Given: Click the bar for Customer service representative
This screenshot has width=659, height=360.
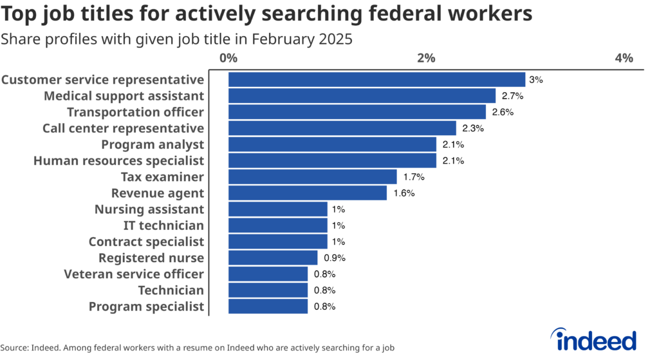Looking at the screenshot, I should (x=377, y=80).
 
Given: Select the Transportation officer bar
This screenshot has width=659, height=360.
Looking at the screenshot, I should (x=357, y=112).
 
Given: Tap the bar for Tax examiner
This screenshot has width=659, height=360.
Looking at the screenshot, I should (x=313, y=177).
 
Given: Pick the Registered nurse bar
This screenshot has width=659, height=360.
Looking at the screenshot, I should (x=273, y=258).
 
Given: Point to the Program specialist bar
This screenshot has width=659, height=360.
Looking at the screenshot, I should (x=268, y=307).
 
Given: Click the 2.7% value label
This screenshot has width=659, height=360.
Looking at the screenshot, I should (x=512, y=96).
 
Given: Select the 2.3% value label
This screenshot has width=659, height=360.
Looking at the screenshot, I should (x=473, y=128).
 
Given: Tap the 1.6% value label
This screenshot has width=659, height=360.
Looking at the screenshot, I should (x=404, y=193).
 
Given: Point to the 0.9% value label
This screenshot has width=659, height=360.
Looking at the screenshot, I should (x=335, y=258).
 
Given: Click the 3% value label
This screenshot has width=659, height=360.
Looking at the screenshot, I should (x=536, y=80).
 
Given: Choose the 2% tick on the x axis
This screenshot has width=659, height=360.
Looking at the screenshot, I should (x=427, y=58).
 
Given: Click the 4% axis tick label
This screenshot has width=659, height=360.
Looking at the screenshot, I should (x=624, y=58).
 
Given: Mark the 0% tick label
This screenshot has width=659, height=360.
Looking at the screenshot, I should (x=228, y=58).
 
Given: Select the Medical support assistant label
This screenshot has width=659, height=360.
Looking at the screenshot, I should (x=124, y=96).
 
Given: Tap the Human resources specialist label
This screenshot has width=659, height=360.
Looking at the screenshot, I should (x=118, y=160).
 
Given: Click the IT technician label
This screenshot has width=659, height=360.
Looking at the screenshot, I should (x=163, y=225).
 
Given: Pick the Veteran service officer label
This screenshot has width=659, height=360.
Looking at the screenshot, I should (x=134, y=274).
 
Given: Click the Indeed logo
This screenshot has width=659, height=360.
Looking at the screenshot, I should (x=594, y=339).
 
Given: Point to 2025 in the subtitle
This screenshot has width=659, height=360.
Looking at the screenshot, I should (x=335, y=39).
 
